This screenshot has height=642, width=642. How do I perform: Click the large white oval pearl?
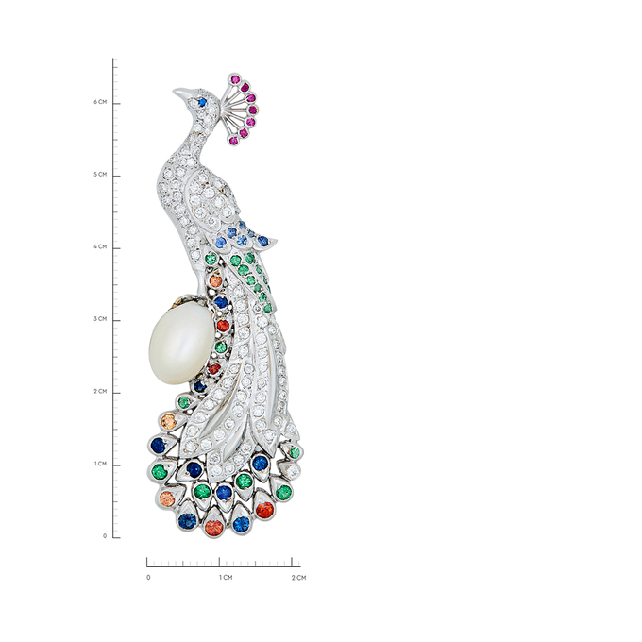[x=181, y=346]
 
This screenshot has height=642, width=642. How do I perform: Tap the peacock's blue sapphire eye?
[x=201, y=101]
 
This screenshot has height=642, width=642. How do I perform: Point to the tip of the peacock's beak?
[x=174, y=91]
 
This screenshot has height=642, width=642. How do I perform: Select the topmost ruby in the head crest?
[x=235, y=79]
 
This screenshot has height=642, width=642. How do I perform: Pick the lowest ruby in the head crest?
[x=234, y=141]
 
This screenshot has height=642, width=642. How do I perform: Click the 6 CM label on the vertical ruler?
[x=100, y=102]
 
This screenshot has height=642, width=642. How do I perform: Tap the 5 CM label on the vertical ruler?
[x=100, y=175]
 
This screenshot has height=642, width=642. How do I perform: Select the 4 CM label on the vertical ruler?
[x=100, y=247]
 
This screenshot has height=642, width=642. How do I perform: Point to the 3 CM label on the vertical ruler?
[x=100, y=319]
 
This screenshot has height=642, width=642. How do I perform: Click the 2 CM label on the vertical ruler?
[x=100, y=392]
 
